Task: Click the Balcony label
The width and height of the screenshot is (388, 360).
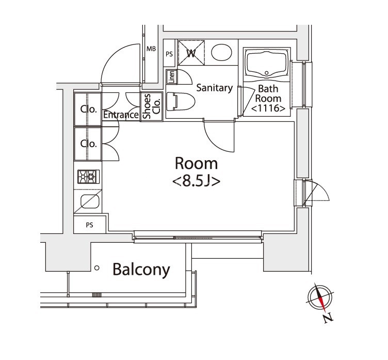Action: pos(141,269)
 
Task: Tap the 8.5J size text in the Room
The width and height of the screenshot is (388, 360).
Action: pos(196,181)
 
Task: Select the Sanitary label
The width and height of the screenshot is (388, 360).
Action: pos(214,88)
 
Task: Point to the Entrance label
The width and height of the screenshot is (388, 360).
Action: pos(121,115)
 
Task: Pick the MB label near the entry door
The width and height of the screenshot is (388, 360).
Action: pos(151,49)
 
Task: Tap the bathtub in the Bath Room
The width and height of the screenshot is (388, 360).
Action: pos(266,66)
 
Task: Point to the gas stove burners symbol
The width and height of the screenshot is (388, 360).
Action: pos(87,177)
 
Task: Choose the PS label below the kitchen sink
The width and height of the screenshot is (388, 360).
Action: pos(89,225)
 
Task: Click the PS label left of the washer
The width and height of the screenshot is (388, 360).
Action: pos(169,54)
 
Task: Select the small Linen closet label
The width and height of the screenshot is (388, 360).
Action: pos(171,77)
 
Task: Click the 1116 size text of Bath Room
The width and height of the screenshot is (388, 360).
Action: pos(268,108)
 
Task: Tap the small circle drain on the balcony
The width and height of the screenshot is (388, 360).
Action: pos(96,268)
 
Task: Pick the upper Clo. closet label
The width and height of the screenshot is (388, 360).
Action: pos(88,109)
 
